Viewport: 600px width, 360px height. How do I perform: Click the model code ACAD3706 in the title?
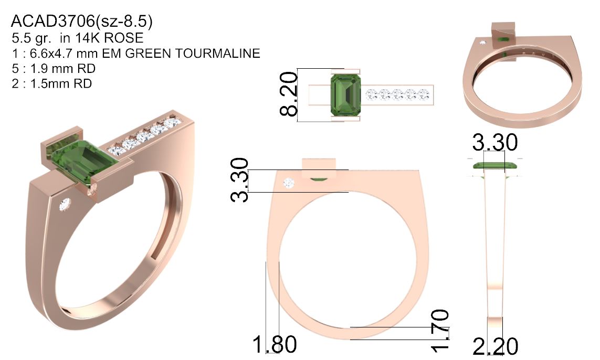tap(53, 22)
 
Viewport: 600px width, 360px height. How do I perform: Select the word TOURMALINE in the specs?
tap(217, 53)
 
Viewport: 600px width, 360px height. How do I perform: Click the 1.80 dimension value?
tap(275, 344)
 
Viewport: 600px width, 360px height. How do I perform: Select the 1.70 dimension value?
tap(440, 330)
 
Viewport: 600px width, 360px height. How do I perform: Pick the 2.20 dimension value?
tap(496, 346)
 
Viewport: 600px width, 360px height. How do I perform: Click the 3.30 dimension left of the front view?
tap(239, 180)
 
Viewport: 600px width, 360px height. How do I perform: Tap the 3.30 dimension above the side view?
tap(495, 142)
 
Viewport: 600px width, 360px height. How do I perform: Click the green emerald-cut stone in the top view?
tap(345, 95)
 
